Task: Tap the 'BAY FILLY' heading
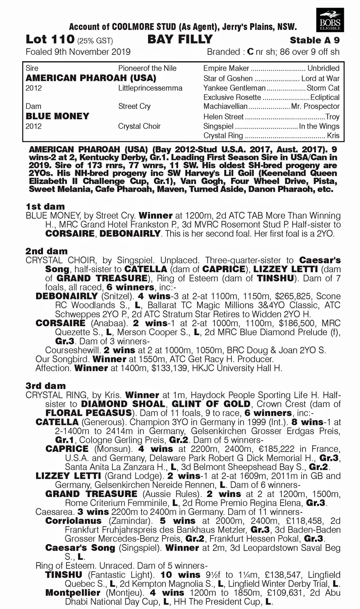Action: tap(180, 39)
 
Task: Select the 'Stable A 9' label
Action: tap(315, 40)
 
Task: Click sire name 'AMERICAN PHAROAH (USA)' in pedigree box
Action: tap(91, 77)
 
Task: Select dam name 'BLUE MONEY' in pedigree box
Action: tap(57, 116)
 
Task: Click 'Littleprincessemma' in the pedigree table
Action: tap(150, 88)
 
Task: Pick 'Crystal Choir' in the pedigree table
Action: tap(139, 126)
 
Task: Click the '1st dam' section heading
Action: tap(45, 206)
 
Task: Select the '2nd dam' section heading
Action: tap(46, 251)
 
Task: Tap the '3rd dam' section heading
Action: tap(45, 385)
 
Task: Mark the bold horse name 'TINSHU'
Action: tap(64, 575)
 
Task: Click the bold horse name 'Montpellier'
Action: tap(73, 593)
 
